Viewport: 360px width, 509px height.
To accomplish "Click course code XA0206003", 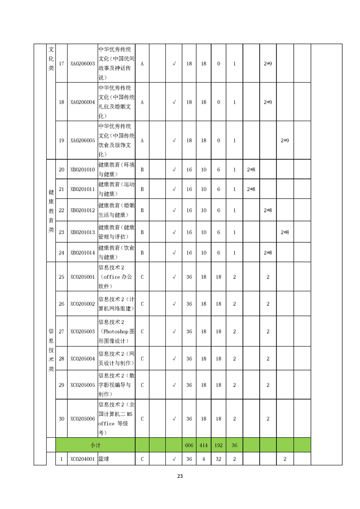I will tap(83, 64).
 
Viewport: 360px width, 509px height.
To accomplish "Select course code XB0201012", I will tap(83, 210).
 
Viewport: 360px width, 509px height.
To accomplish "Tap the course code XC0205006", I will tap(83, 419).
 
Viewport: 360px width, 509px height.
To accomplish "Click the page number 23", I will tap(180, 476).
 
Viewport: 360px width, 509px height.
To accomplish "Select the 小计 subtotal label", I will tap(95, 445).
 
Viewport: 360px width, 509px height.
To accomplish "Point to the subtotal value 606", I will tap(189, 445).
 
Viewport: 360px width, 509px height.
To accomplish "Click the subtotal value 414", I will tap(203, 445).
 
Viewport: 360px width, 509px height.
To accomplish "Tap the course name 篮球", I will tap(104, 459).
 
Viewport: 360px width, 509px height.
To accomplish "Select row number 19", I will tap(62, 141).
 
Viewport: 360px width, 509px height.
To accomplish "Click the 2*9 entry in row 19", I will tap(285, 141).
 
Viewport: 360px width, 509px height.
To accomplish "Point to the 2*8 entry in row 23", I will tap(285, 232).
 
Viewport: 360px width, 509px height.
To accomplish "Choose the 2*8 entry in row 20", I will tap(251, 170).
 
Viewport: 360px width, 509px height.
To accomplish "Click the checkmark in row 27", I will tap(174, 332).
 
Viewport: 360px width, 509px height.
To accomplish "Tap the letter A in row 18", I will tap(142, 103).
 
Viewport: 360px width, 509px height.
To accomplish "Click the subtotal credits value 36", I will tap(234, 445).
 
